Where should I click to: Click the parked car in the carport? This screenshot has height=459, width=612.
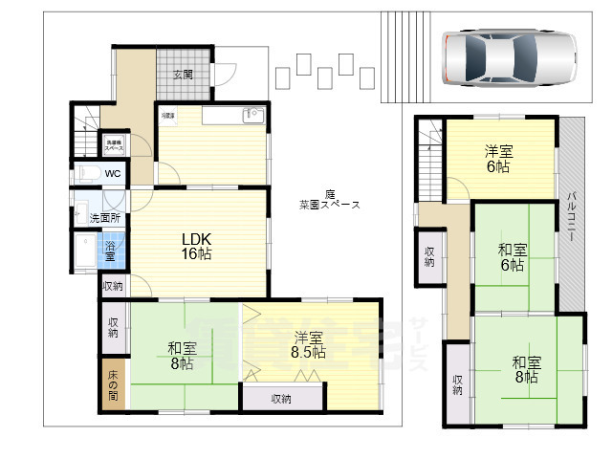click(x=510, y=58)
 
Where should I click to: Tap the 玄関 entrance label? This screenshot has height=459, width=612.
click(x=183, y=75)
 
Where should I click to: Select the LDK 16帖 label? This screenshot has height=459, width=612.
click(x=198, y=246)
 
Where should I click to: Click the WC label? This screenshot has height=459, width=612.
click(x=113, y=174)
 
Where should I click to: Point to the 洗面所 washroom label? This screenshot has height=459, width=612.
click(x=105, y=218)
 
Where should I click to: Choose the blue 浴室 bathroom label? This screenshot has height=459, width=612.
click(x=110, y=251)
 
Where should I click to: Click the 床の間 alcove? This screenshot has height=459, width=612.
click(x=112, y=384)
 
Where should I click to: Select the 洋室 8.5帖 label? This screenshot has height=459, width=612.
click(x=308, y=344)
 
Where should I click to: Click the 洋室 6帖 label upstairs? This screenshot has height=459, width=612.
click(x=496, y=158)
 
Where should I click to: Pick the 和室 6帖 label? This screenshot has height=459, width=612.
click(x=511, y=257)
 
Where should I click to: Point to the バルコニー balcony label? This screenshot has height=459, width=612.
click(x=571, y=219)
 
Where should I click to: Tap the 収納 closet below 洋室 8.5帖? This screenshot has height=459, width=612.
click(x=281, y=399)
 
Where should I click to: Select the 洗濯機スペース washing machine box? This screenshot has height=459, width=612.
click(x=114, y=146)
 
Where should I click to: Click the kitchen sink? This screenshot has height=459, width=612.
click(x=252, y=115)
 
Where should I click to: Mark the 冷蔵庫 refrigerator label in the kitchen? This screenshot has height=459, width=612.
click(x=167, y=116)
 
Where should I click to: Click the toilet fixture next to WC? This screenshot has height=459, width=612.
click(x=87, y=173)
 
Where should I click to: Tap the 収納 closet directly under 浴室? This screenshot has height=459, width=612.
click(x=112, y=286)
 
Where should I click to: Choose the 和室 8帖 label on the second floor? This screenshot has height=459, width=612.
click(x=526, y=369)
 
